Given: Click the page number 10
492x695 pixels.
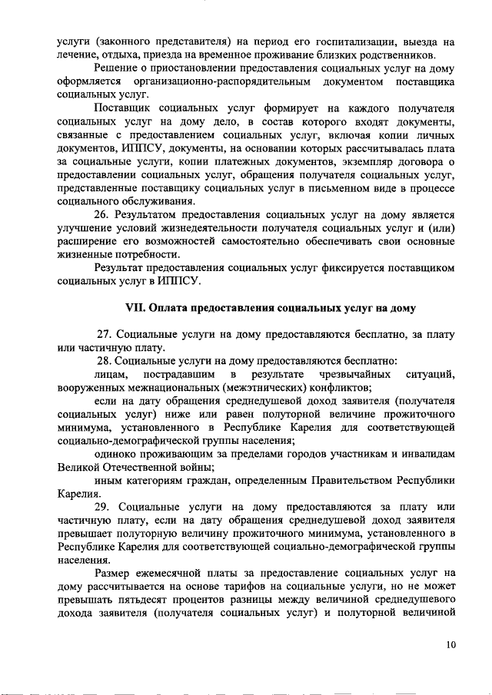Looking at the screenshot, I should (x=450, y=644).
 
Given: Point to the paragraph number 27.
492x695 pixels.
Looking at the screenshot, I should (x=105, y=335).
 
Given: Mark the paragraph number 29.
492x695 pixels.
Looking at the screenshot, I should (x=105, y=508).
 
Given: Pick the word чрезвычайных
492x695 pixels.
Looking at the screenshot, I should (x=353, y=374).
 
